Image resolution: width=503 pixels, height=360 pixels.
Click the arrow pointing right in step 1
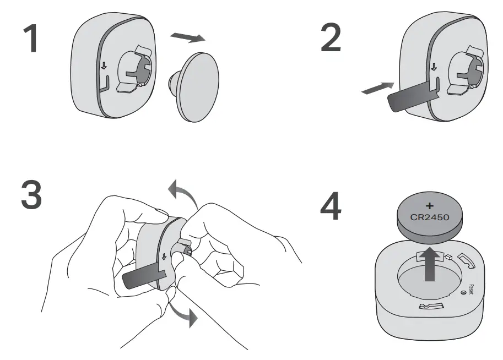coord(187,37)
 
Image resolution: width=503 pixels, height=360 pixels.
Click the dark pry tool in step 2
coord(410,98)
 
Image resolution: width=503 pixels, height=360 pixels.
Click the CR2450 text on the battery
coord(430,216)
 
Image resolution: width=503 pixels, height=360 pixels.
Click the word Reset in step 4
coord(470,288)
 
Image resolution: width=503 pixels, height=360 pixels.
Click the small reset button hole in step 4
coord(464,292)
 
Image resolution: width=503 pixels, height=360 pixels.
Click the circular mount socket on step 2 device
coord(464,69)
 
